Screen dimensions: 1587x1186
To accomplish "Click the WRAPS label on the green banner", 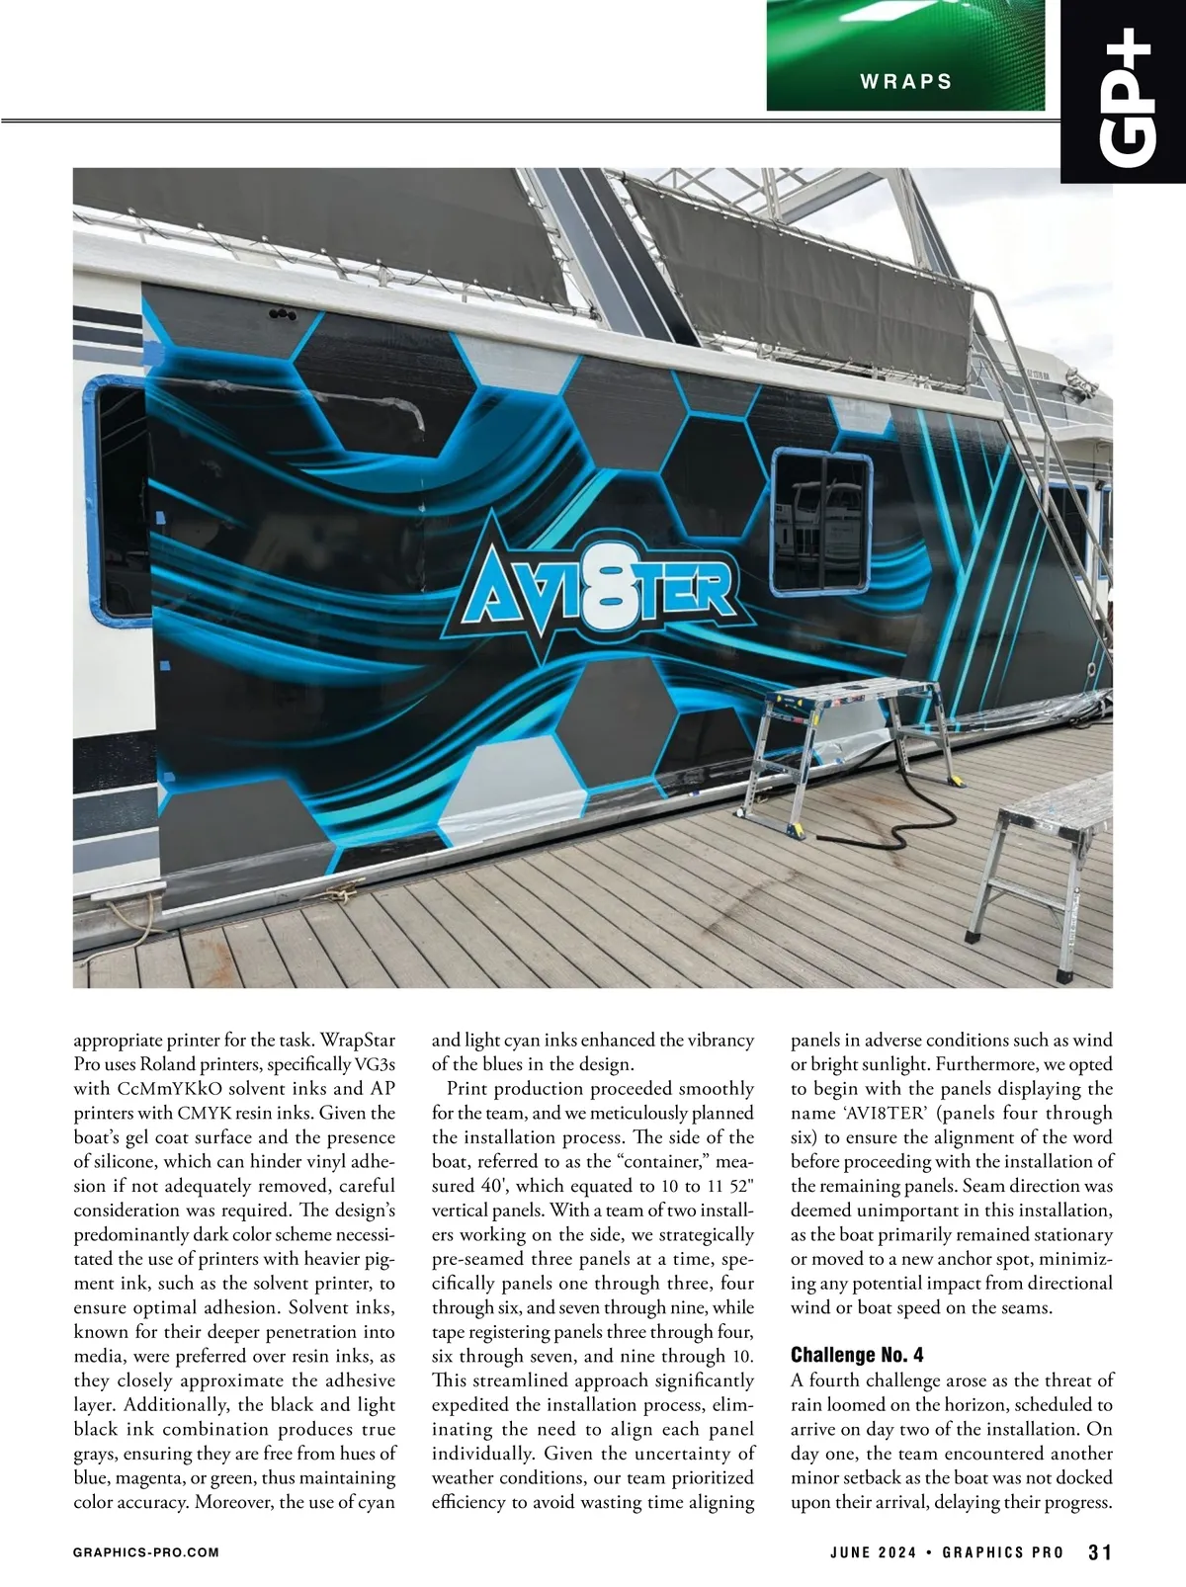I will point(905,82).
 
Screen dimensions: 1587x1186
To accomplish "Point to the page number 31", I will point(1100,1551).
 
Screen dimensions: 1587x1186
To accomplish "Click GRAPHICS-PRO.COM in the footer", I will point(146,1552).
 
